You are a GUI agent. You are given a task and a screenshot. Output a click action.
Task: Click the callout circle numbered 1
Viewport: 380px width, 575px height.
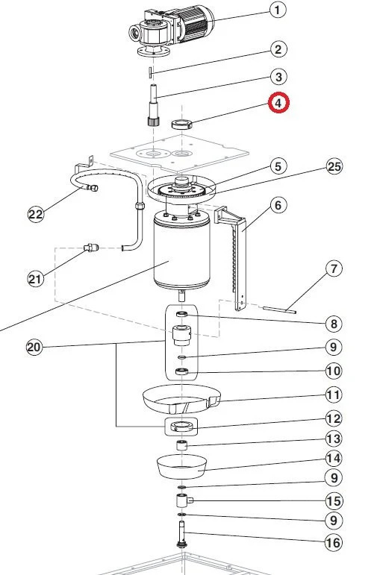pos(278,10)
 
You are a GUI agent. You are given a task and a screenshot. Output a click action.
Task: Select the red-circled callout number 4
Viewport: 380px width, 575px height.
pos(278,102)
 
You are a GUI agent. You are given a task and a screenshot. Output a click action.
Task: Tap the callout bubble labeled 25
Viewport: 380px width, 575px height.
pos(334,166)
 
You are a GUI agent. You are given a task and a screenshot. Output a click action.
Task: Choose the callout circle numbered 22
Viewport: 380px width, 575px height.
pos(36,215)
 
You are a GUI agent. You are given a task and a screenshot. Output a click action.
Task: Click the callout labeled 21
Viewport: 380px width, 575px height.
pos(35,278)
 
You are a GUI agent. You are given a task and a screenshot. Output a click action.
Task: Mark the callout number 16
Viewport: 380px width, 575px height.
pos(333,543)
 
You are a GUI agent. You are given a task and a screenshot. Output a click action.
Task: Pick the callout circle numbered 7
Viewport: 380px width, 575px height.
pos(333,267)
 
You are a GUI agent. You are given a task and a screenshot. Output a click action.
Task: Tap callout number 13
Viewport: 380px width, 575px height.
pos(333,439)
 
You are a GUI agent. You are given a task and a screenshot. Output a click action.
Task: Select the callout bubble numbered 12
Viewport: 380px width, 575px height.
pos(333,418)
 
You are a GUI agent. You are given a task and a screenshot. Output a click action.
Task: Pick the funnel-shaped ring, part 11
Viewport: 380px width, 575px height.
pos(179,400)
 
